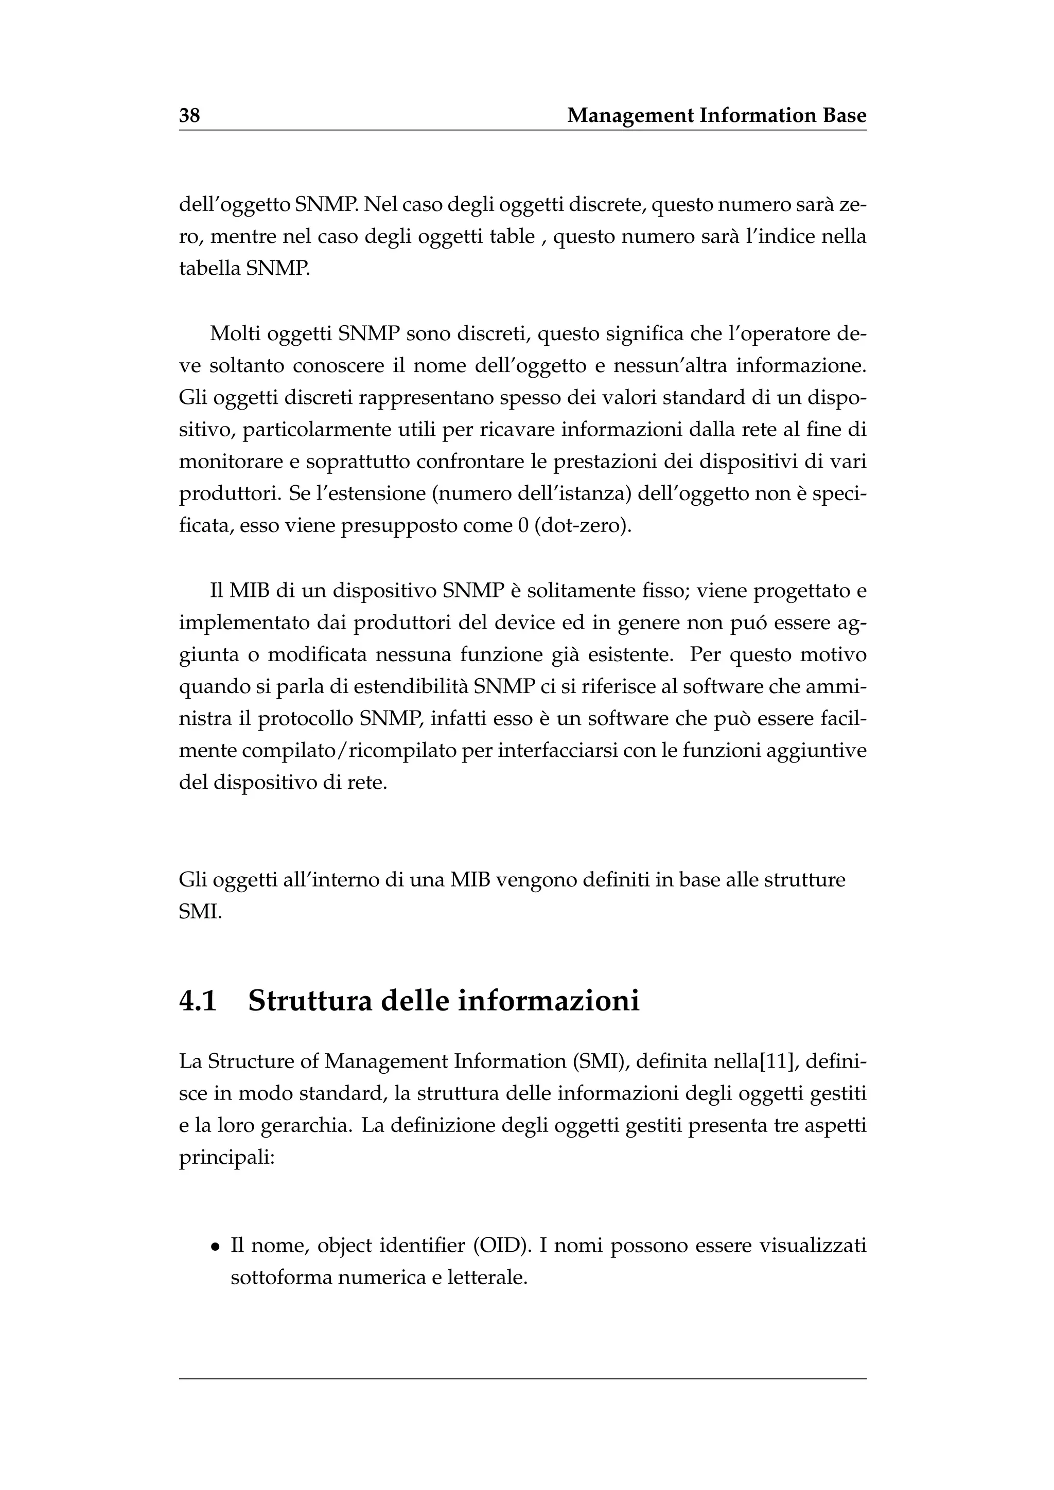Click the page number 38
point(189,116)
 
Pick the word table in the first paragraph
point(512,237)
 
